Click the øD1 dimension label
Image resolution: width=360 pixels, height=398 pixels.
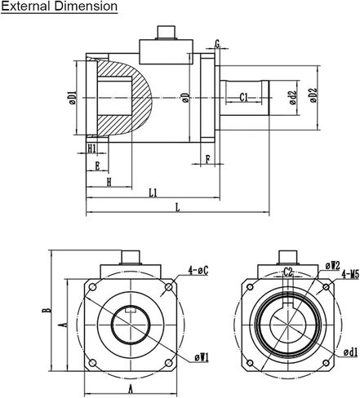[x=73, y=98]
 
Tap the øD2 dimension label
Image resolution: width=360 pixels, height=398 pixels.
[x=313, y=95]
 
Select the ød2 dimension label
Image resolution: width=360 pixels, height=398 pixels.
[x=293, y=98]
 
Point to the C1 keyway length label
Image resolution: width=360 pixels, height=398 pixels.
[x=244, y=97]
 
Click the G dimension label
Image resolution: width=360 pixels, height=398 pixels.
[x=217, y=43]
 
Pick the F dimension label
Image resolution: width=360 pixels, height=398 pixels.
[x=208, y=159]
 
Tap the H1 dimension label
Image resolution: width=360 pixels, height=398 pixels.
[x=92, y=148]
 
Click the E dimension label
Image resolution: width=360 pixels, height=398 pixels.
[x=97, y=166]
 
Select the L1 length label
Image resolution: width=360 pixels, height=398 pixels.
[x=153, y=192]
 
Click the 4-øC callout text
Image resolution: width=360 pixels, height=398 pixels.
[x=198, y=270]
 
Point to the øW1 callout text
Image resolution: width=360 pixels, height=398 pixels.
[x=202, y=358]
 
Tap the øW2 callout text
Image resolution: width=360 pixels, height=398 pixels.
[x=333, y=266]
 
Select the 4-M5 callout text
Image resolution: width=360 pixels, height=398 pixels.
[x=350, y=275]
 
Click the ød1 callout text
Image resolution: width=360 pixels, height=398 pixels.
[x=350, y=352]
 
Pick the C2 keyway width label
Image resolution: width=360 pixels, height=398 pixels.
[x=288, y=272]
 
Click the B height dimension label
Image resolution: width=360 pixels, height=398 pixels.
[x=47, y=310]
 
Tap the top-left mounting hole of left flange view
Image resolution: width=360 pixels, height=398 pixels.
[x=92, y=287]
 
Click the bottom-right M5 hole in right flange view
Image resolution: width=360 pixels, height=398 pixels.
[x=326, y=363]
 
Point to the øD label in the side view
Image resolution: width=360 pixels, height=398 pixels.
[x=186, y=98]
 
